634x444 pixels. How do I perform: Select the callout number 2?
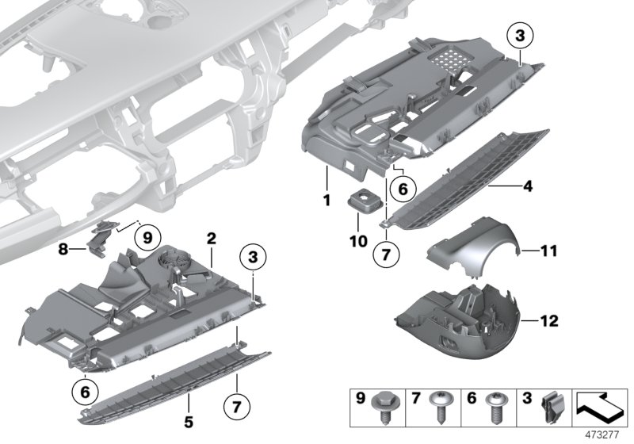(212, 239)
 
